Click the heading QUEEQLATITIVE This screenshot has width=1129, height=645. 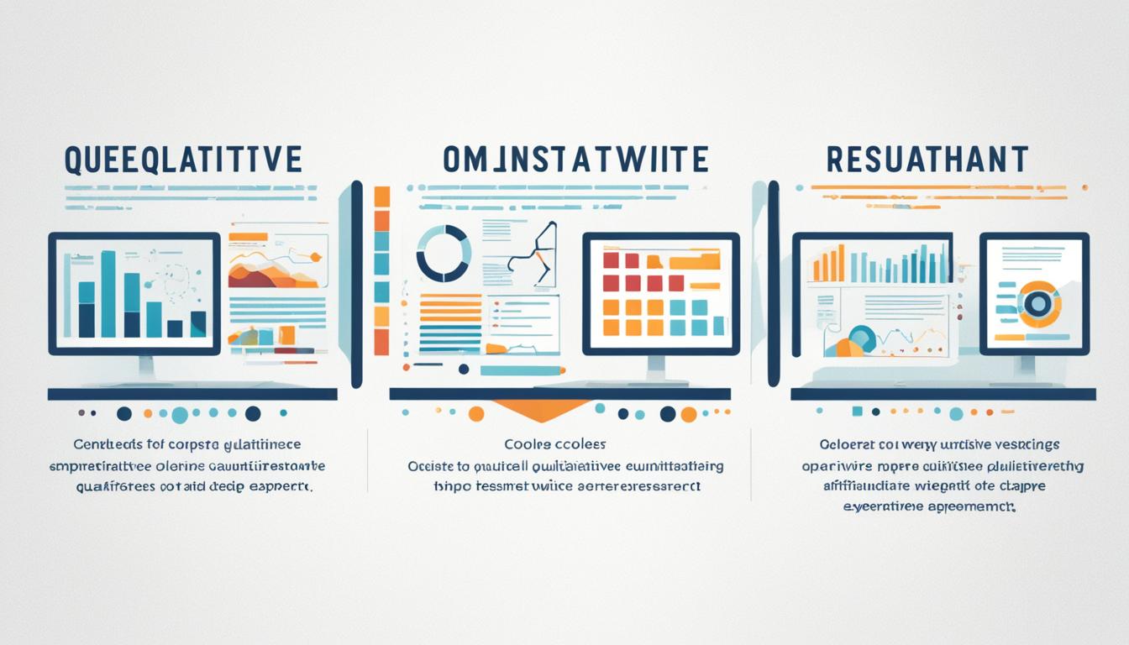pyautogui.click(x=182, y=159)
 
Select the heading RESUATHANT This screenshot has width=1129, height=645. pyautogui.click(x=926, y=159)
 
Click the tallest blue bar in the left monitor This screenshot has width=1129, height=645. pyautogui.click(x=108, y=294)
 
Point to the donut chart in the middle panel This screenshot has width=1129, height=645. pyautogui.click(x=444, y=253)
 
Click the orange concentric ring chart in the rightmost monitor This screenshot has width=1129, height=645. pyautogui.click(x=1039, y=304)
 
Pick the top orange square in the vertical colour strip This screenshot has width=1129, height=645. pyautogui.click(x=382, y=197)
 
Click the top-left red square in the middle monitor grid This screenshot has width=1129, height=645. pyautogui.click(x=611, y=260)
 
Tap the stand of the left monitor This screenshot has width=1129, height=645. pyautogui.click(x=146, y=367)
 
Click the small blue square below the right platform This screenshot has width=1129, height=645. pyautogui.click(x=857, y=412)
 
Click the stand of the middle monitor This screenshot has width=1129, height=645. pyautogui.click(x=656, y=367)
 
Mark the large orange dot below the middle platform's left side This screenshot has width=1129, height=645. pyautogui.click(x=476, y=413)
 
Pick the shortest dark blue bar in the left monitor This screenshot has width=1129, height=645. pyautogui.click(x=176, y=328)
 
